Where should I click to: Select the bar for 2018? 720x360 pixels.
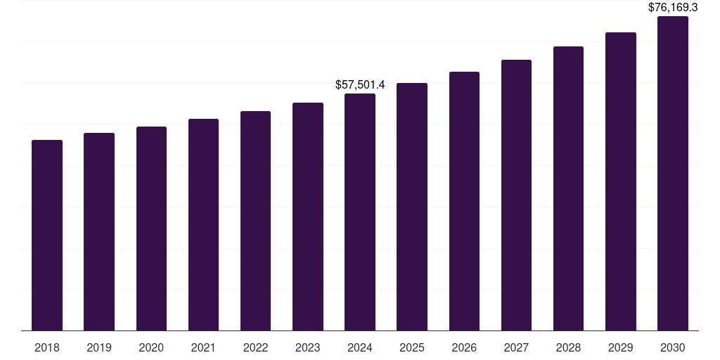pyautogui.click(x=47, y=236)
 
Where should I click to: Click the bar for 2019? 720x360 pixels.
pyautogui.click(x=99, y=232)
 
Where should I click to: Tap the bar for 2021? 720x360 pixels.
pyautogui.click(x=203, y=225)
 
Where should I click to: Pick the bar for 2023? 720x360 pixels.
pyautogui.click(x=308, y=217)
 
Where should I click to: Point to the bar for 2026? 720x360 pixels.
pyautogui.click(x=464, y=201)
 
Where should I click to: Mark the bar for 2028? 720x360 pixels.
pyautogui.click(x=568, y=188)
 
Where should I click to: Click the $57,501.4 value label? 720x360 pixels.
pyautogui.click(x=360, y=84)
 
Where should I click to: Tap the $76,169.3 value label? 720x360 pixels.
pyautogui.click(x=673, y=8)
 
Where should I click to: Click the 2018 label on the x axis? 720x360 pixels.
pyautogui.click(x=47, y=347)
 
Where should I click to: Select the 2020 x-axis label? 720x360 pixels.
pyautogui.click(x=151, y=347)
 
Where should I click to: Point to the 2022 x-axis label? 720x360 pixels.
pyautogui.click(x=255, y=347)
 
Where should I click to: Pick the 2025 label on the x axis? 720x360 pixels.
pyautogui.click(x=412, y=347)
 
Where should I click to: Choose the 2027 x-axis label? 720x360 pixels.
pyautogui.click(x=516, y=347)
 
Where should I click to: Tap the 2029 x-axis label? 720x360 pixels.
pyautogui.click(x=620, y=347)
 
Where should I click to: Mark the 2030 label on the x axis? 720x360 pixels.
pyautogui.click(x=673, y=347)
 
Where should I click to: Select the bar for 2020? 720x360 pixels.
pyautogui.click(x=151, y=229)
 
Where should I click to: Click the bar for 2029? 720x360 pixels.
pyautogui.click(x=620, y=181)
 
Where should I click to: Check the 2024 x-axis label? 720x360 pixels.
pyautogui.click(x=360, y=347)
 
